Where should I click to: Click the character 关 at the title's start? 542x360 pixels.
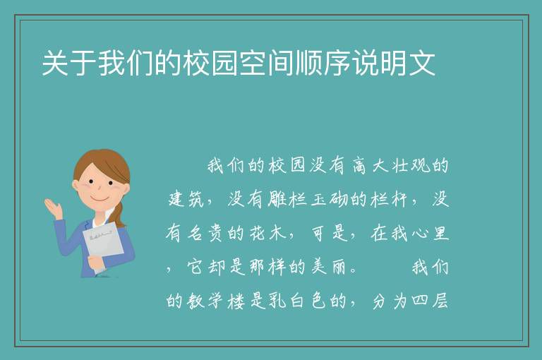(55, 63)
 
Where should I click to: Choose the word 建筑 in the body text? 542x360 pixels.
(186, 199)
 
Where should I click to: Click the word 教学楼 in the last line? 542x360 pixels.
(217, 301)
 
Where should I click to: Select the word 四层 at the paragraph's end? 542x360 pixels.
(430, 301)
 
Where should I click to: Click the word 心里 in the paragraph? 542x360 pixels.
(430, 233)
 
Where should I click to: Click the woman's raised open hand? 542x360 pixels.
(54, 208)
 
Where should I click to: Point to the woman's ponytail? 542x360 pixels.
(119, 215)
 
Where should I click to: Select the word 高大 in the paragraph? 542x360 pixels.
(371, 165)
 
